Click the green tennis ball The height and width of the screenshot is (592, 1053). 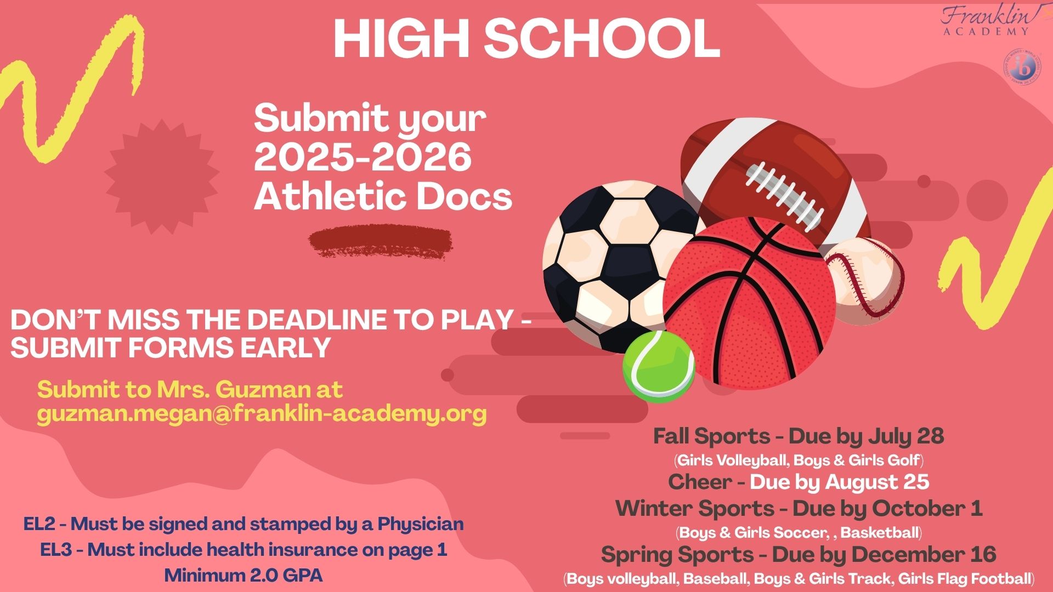coord(659,366)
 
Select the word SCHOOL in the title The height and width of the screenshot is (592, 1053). coord(602,39)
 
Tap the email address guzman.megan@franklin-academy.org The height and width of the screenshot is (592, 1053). coord(262,414)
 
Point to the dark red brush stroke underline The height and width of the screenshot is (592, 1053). coord(381,241)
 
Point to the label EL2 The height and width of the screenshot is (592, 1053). coord(39,524)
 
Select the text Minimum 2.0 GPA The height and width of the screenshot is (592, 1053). coord(243,576)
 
